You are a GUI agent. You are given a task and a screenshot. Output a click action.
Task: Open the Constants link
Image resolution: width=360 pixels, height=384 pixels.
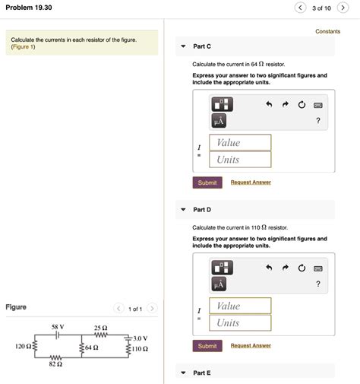click(x=327, y=31)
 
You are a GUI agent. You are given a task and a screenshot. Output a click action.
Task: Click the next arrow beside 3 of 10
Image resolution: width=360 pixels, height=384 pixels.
click(x=343, y=8)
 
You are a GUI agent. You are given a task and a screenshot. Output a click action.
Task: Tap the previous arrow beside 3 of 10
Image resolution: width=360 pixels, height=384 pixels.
click(x=301, y=8)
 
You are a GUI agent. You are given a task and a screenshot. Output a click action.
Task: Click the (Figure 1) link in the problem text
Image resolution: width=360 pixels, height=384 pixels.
click(x=23, y=47)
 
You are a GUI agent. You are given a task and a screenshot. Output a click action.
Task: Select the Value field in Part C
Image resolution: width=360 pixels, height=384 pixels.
click(x=239, y=142)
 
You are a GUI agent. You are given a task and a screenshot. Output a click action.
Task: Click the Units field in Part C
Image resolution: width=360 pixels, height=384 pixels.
click(x=239, y=160)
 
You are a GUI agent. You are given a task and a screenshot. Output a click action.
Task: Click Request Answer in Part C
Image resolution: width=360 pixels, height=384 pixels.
click(x=251, y=182)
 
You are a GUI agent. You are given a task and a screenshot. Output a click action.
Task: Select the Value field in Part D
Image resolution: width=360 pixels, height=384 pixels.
click(x=239, y=306)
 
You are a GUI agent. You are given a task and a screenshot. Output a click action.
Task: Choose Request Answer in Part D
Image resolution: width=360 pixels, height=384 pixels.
click(x=251, y=346)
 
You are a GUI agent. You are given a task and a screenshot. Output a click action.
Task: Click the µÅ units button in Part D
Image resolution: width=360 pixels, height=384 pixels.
click(x=219, y=284)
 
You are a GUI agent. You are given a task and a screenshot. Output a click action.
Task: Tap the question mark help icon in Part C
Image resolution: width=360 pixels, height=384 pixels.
click(x=318, y=122)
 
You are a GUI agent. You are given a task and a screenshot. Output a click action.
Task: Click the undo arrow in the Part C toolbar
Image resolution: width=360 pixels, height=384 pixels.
click(x=268, y=104)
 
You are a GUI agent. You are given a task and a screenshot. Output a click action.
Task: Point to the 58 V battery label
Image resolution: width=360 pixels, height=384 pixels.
click(x=58, y=327)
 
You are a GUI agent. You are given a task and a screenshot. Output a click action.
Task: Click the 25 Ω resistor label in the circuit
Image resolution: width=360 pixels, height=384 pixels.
click(x=100, y=327)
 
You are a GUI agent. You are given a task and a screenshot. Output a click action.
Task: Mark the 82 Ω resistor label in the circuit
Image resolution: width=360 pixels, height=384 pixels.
click(x=54, y=365)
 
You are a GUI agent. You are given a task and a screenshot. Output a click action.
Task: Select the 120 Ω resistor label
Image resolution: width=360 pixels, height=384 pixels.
click(x=22, y=347)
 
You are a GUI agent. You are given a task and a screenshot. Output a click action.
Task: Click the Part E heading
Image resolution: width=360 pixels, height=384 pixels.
click(x=203, y=373)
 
